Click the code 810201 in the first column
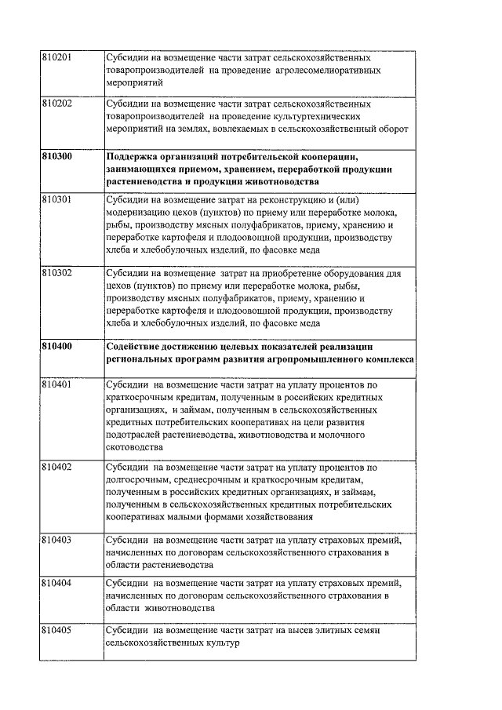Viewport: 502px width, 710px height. pyautogui.click(x=56, y=58)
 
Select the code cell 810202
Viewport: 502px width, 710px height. pyautogui.click(x=56, y=104)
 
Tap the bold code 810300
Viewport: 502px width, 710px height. pyautogui.click(x=56, y=157)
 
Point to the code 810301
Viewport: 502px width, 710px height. pyautogui.click(x=56, y=200)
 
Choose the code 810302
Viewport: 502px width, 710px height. pyautogui.click(x=56, y=274)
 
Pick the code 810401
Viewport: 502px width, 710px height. pyautogui.click(x=56, y=385)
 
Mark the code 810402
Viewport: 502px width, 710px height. pyautogui.click(x=56, y=467)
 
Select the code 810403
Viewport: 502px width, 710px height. pyautogui.click(x=56, y=541)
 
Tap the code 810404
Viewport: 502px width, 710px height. pyautogui.click(x=56, y=584)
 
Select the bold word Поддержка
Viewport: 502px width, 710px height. pyautogui.click(x=131, y=157)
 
